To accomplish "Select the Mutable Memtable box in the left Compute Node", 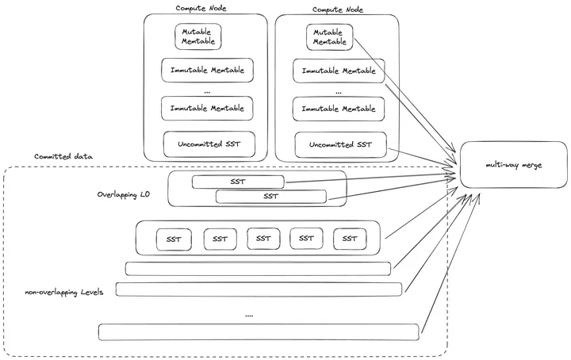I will [x=197, y=36].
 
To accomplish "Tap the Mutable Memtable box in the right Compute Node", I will [x=329, y=36].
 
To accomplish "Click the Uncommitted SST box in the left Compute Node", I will [x=209, y=144].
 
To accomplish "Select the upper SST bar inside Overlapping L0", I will [x=238, y=182].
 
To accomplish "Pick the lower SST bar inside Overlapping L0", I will [x=270, y=196].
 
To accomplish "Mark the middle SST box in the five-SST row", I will [x=263, y=238].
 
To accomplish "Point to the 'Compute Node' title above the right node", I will [x=339, y=7].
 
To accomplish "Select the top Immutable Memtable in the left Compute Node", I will [x=207, y=70].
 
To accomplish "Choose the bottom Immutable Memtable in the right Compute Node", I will [x=339, y=108].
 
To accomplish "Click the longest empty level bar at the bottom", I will [x=259, y=331].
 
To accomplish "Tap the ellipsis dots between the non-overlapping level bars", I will [x=249, y=315].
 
